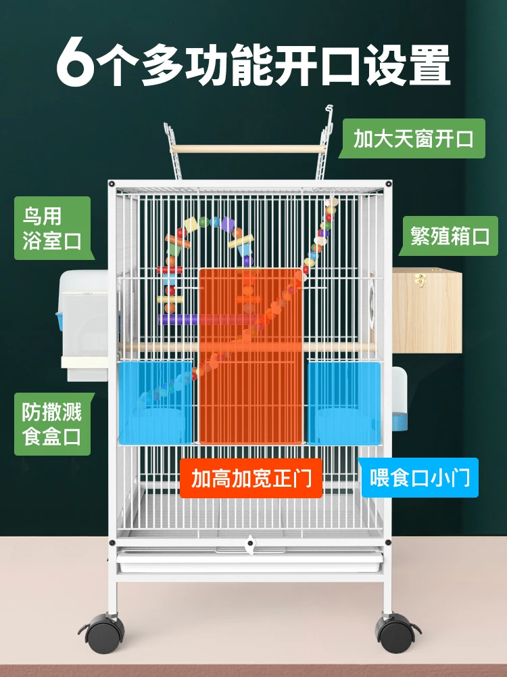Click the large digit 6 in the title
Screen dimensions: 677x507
(76, 64)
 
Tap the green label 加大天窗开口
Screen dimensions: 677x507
(413, 139)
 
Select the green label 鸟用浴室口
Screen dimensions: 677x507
(52, 229)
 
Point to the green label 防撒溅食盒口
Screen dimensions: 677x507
(51, 424)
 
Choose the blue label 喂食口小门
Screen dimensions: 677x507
(420, 479)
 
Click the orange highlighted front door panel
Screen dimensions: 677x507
(251, 355)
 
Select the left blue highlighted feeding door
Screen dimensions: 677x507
(157, 402)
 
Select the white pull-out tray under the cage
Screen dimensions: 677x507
(250, 560)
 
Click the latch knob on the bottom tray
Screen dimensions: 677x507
(250, 542)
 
